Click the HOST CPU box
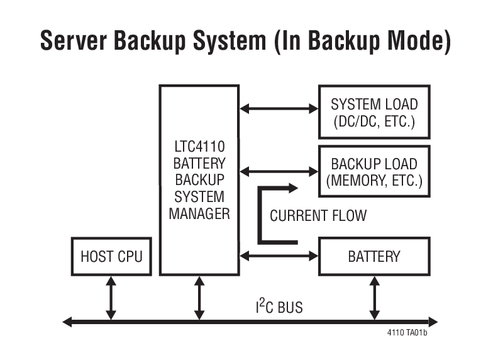pos(111,257)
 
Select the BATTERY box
pos(374,257)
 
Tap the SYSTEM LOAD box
pos(374,113)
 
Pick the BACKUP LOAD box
pos(374,172)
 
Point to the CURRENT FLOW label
pos(318,216)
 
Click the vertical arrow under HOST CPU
pos(111,298)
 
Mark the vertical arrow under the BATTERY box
pos(375,298)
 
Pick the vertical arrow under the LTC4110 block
pos(199,298)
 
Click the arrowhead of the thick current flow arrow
pos(292,188)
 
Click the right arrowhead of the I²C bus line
pos(434,322)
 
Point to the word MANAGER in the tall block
pos(199,214)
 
